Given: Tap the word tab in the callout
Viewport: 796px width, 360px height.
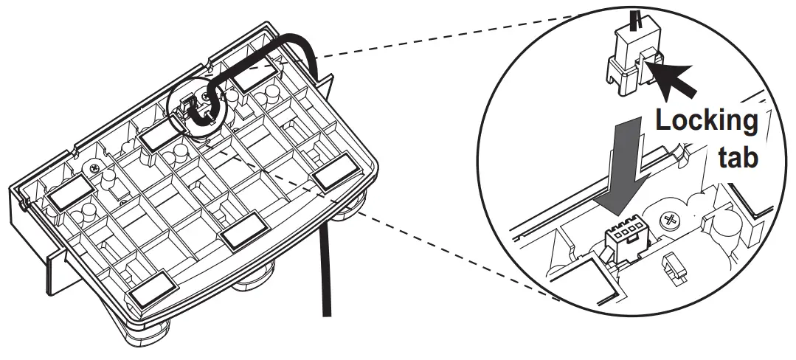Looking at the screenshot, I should click(738, 159).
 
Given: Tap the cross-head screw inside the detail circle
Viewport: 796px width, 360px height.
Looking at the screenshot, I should click(672, 220).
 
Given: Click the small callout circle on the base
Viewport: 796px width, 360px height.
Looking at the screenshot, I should click(195, 107).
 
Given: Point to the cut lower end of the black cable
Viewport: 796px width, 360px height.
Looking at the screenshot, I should click(324, 310).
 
